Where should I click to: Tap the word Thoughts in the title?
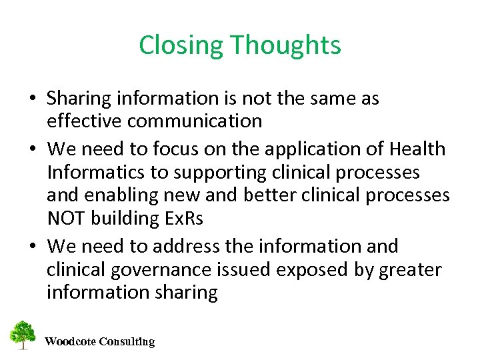(x=286, y=46)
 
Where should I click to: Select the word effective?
(x=84, y=121)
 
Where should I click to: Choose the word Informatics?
(x=96, y=172)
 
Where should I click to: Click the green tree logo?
(x=23, y=335)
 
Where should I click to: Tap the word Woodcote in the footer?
(x=70, y=342)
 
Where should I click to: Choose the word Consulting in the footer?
(x=127, y=342)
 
